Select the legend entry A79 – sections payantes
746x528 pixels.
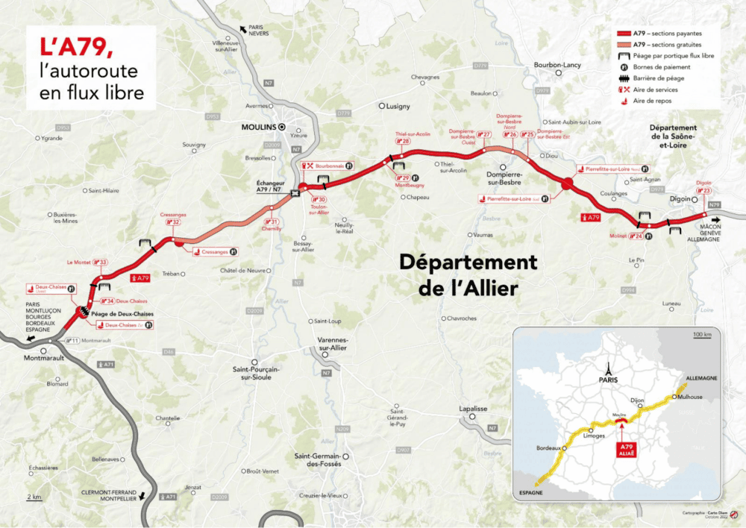click(665, 34)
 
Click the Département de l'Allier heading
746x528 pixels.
click(468, 274)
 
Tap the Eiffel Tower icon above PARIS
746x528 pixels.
click(609, 368)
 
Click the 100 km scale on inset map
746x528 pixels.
click(701, 335)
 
